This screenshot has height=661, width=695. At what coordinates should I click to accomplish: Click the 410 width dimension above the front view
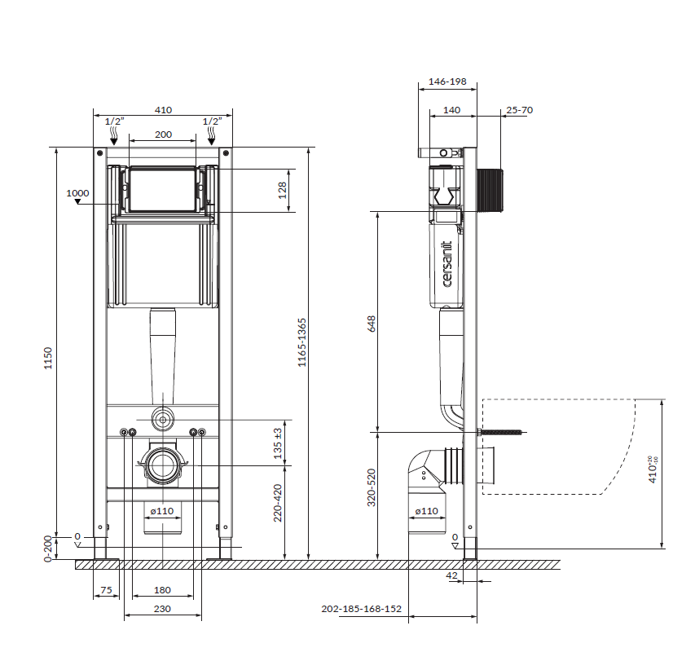[163, 110]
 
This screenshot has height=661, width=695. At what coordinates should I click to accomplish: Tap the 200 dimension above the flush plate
[163, 134]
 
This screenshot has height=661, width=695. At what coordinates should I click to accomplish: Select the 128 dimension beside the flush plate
[282, 190]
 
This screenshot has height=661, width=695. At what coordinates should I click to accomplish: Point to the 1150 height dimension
[48, 358]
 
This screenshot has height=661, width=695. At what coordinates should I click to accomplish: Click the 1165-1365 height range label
[301, 342]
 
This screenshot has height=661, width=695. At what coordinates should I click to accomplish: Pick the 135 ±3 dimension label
[278, 443]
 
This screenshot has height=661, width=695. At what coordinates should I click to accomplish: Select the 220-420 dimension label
[278, 503]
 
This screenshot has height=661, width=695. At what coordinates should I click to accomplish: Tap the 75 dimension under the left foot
[107, 589]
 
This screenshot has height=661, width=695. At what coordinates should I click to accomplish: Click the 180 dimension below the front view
[162, 589]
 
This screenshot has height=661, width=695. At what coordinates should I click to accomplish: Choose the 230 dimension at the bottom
[162, 609]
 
